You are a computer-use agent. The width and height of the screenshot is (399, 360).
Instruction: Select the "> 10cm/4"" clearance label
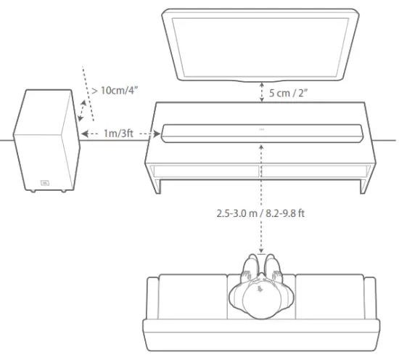(x=115, y=91)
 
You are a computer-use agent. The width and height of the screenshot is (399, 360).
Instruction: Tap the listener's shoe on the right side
(x=272, y=264)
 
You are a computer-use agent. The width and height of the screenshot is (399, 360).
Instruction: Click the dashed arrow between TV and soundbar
(x=260, y=92)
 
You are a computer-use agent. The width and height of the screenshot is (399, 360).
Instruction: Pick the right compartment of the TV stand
(x=316, y=172)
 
